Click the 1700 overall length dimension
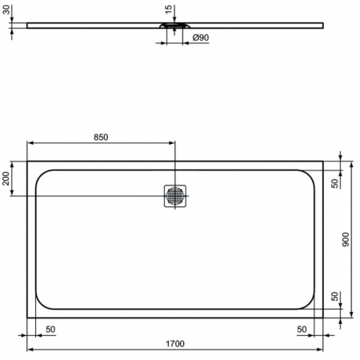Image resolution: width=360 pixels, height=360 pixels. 175,344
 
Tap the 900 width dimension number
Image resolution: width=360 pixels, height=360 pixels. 346,240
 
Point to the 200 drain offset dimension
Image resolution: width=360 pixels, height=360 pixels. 7,179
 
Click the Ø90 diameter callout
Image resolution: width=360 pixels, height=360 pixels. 201,38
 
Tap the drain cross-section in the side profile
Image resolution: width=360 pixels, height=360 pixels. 176,26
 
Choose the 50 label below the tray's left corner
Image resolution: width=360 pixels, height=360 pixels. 50,330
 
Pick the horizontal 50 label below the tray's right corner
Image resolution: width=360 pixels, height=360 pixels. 302,330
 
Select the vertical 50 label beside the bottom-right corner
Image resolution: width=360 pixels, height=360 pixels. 334,297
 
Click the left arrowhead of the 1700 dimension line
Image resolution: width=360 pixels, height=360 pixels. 30,350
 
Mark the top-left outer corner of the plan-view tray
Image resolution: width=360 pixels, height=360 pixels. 28,161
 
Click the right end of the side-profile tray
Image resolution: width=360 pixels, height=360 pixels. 324,26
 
